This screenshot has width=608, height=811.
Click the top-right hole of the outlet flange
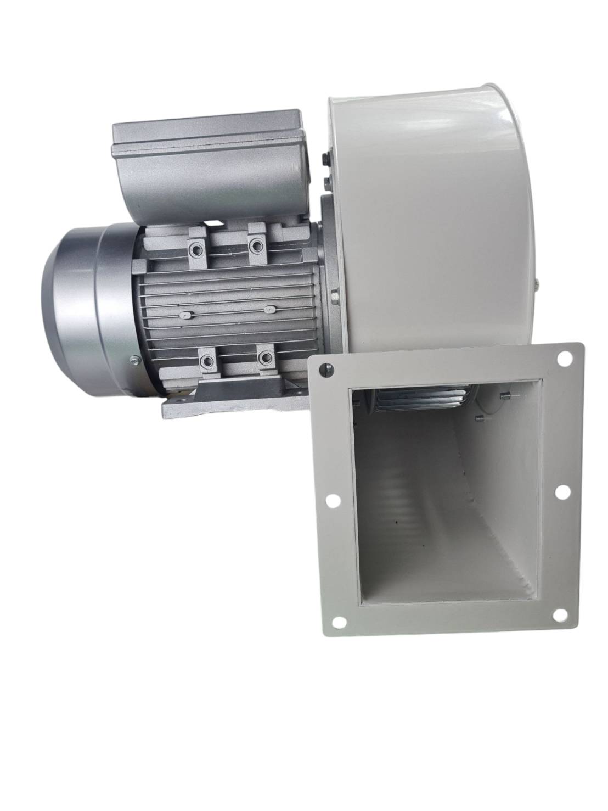(563, 359)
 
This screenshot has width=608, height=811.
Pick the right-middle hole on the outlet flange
(561, 493)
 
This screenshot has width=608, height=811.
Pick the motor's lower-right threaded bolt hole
(266, 358)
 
